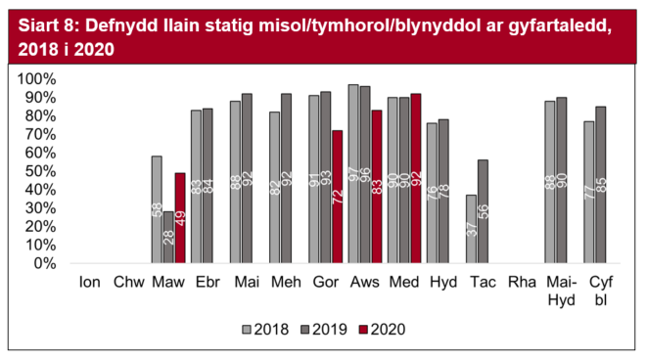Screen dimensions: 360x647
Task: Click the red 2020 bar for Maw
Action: click(180, 217)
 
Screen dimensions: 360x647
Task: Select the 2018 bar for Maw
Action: click(157, 209)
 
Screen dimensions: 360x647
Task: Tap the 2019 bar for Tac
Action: click(482, 211)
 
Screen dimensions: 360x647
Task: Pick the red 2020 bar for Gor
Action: click(337, 197)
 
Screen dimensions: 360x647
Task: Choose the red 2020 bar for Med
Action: click(416, 178)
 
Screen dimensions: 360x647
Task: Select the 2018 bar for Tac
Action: click(470, 229)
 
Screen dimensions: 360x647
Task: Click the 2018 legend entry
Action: click(269, 329)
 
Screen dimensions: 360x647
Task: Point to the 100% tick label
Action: click(43, 78)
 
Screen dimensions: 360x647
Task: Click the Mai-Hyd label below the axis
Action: click(559, 290)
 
